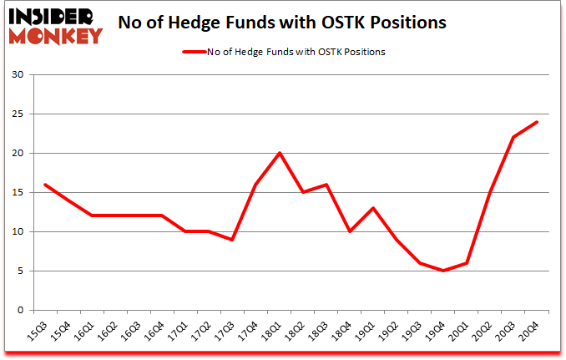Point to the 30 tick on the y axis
[18, 75]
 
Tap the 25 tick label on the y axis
[18, 114]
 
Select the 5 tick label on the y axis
[20, 271]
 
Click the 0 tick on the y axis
[20, 310]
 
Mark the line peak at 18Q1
[280, 153]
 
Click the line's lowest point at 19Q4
[443, 271]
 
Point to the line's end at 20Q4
[537, 122]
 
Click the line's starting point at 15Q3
[46, 185]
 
